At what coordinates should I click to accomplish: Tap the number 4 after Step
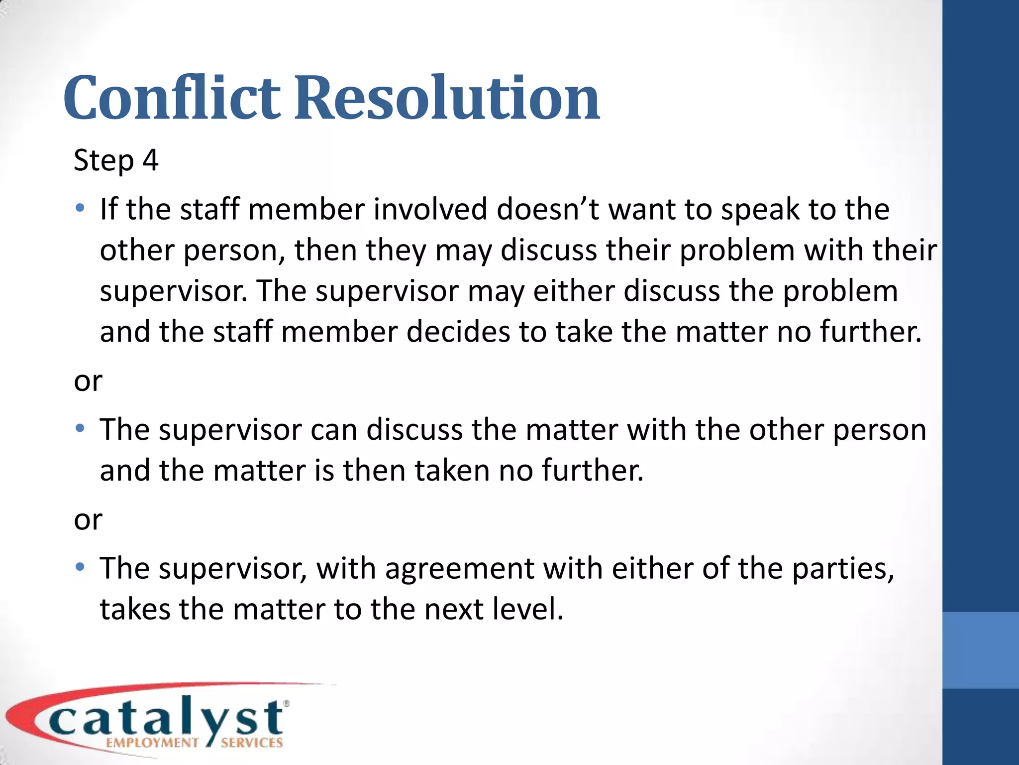(150, 160)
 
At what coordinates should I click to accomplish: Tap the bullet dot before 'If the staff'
(80, 208)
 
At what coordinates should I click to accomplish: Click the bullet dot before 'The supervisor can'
(80, 428)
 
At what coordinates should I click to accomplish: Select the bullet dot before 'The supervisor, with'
(80, 567)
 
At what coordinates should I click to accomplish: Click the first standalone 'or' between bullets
(88, 382)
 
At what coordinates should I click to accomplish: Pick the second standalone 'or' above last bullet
(88, 520)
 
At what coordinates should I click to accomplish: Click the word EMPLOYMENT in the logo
(152, 743)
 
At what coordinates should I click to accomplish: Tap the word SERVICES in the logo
(252, 743)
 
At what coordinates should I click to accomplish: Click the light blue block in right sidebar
(981, 650)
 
